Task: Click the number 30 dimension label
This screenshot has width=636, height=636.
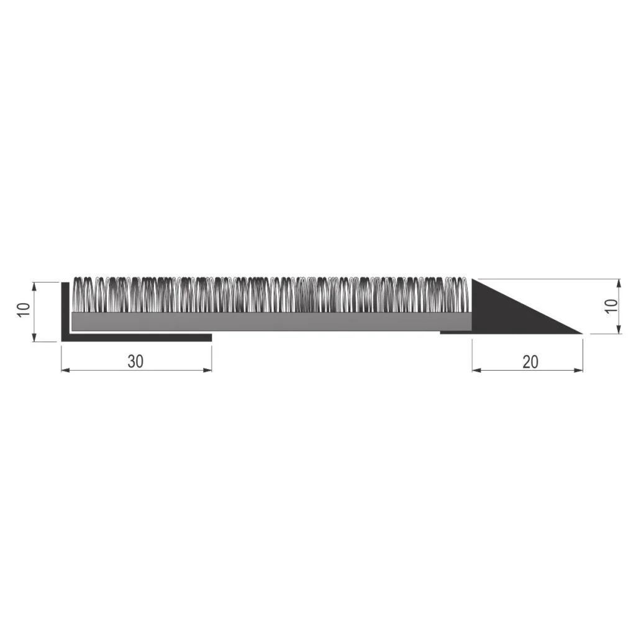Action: pyautogui.click(x=135, y=361)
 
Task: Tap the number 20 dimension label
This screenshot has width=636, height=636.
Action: pyautogui.click(x=530, y=361)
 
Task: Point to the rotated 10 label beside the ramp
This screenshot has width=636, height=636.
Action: pyautogui.click(x=611, y=306)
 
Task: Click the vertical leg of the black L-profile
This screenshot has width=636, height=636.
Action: pyautogui.click(x=64, y=311)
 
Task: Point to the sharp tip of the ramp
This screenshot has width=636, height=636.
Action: pyautogui.click(x=581, y=334)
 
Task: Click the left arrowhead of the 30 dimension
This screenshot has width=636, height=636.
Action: pyautogui.click(x=65, y=371)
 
